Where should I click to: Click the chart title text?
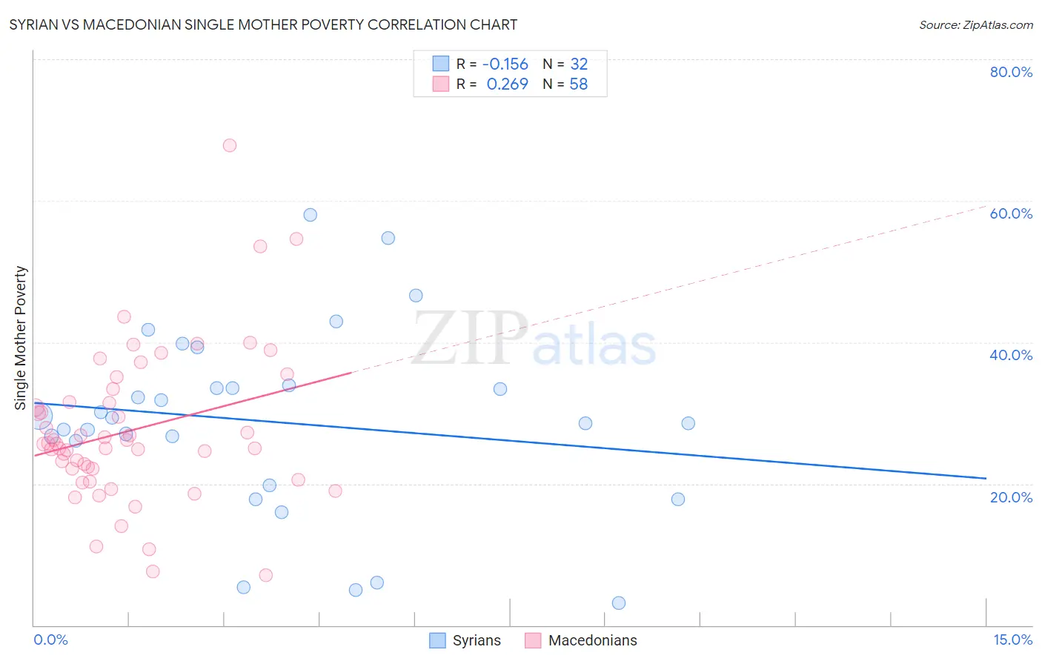click(263, 24)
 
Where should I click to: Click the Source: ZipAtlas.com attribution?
click(975, 24)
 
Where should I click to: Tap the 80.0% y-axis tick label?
click(1011, 72)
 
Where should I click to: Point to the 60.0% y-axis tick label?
click(1011, 213)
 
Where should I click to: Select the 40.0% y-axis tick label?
click(1011, 355)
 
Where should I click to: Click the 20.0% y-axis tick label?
click(1011, 496)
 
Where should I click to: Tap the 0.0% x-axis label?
click(50, 640)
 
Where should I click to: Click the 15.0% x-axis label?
click(1012, 640)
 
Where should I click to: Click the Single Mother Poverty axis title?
click(20, 338)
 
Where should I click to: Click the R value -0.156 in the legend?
click(505, 64)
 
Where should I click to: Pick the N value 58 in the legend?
click(578, 84)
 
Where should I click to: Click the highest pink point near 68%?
click(230, 145)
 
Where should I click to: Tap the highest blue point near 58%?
click(311, 215)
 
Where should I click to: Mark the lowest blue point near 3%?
click(619, 603)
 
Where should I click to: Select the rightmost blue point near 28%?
click(688, 423)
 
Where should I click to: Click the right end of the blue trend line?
click(986, 479)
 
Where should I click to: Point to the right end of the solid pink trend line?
click(351, 373)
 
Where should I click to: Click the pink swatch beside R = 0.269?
click(441, 84)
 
